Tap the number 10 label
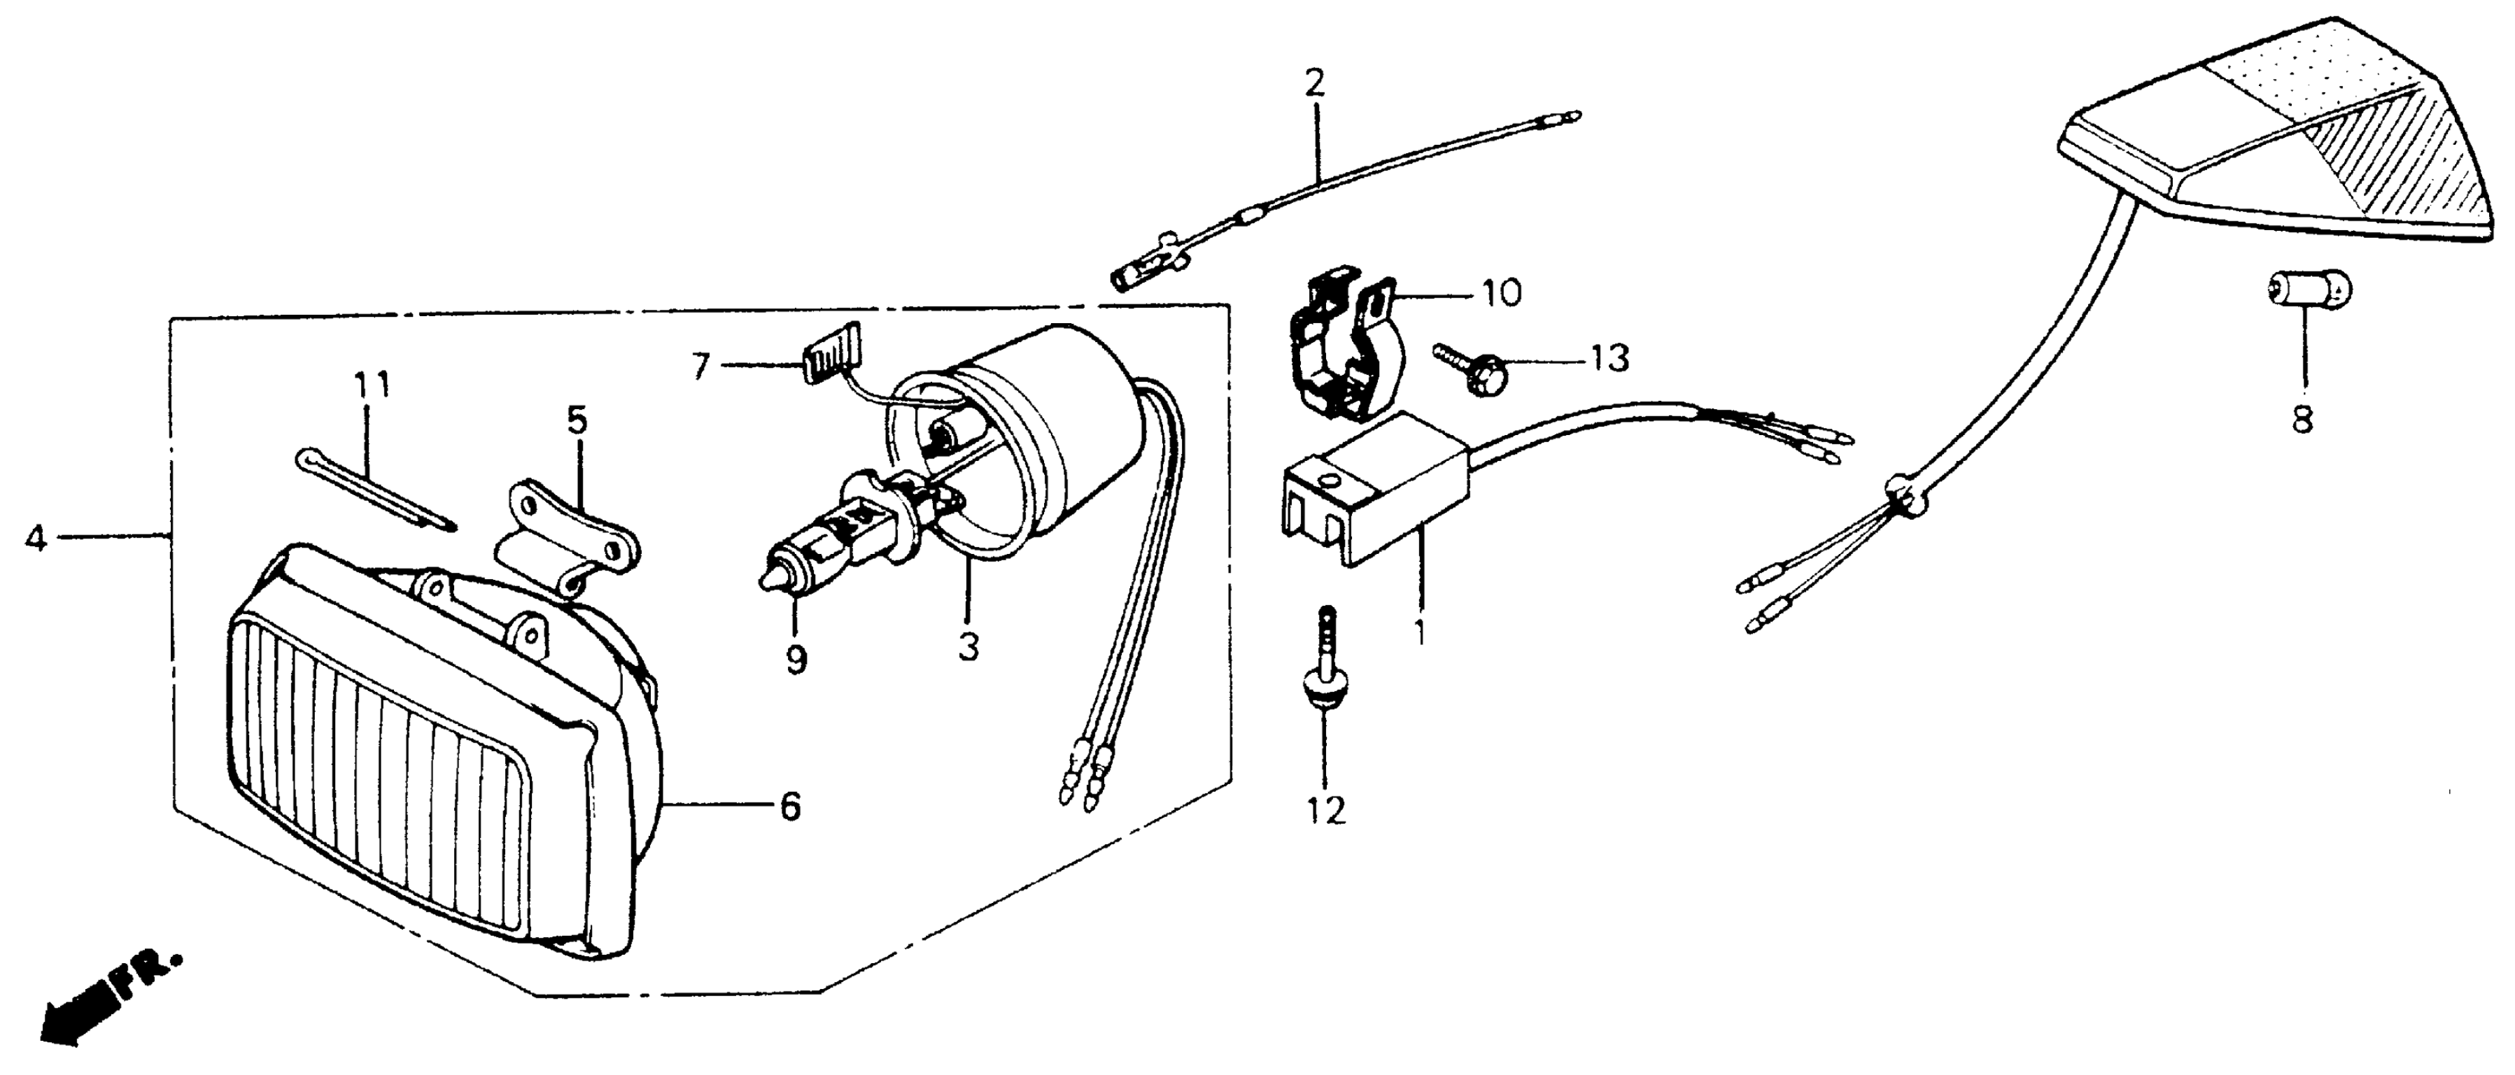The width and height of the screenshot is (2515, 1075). [1501, 292]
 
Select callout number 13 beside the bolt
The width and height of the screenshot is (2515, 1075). [1609, 359]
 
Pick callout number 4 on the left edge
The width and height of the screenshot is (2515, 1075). [35, 537]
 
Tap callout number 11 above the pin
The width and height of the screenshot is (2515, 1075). [371, 384]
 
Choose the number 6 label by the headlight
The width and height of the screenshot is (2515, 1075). [790, 806]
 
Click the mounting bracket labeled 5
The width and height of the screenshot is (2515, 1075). [571, 537]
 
